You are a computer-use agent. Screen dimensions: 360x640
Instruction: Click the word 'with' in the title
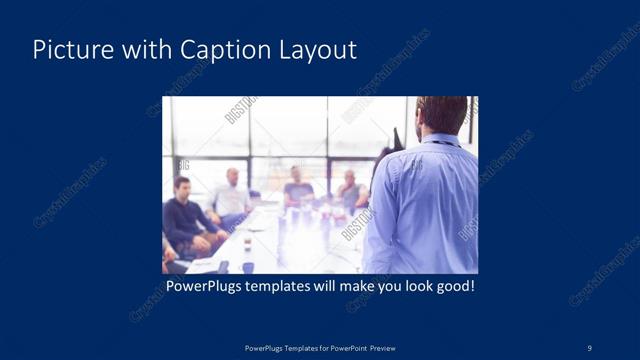point(141,50)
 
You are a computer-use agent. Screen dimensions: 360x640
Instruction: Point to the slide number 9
point(590,347)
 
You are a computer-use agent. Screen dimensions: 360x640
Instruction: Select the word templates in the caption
point(290,286)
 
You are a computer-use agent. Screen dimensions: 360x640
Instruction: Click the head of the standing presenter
point(441,113)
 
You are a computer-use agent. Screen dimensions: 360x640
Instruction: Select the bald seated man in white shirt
point(231,196)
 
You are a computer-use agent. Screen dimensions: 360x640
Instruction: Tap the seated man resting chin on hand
point(349,190)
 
